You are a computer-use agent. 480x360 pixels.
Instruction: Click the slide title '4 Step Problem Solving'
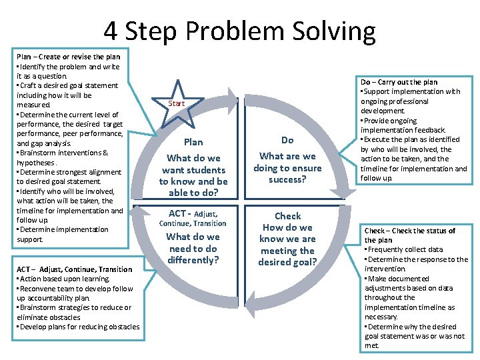click(239, 31)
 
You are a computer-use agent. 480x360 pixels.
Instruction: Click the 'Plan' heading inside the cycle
click(193, 141)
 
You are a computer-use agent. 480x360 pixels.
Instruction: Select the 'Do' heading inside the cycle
click(287, 140)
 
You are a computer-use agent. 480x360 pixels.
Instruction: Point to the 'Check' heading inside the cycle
click(287, 216)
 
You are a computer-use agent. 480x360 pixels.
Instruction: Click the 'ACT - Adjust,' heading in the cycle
click(193, 213)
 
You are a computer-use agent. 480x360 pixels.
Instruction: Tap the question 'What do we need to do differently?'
click(193, 248)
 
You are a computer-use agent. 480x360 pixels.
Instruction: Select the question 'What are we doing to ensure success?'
click(287, 168)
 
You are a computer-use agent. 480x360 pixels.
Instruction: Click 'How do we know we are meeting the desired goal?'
click(287, 245)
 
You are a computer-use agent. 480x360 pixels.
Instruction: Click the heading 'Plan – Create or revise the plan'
click(69, 57)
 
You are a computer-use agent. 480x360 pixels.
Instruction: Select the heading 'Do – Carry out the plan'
click(399, 82)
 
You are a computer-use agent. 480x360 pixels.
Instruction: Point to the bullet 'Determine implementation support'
click(63, 234)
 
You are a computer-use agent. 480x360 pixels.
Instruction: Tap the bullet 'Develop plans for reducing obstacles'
click(78, 327)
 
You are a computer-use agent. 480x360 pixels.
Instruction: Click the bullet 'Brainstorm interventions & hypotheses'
click(63, 157)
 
